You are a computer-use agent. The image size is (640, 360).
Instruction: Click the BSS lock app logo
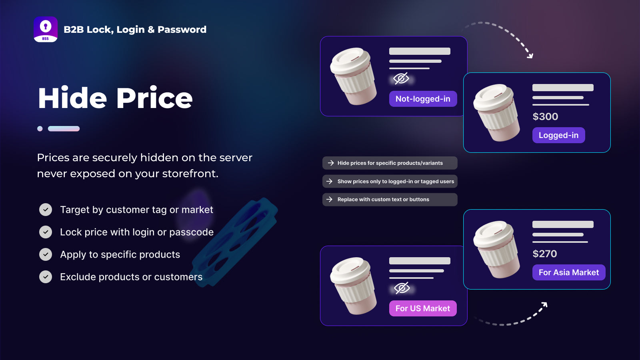pos(46,29)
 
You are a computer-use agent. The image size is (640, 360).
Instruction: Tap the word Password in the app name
pos(182,30)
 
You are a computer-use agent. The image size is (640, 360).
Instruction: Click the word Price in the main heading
pos(154,98)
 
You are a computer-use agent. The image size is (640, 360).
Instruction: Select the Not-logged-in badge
pos(423,99)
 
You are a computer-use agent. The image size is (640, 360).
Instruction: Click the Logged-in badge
pos(558,135)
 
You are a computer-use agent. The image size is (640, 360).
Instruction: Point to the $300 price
pos(545,116)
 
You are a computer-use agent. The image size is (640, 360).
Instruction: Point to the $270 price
pos(544,254)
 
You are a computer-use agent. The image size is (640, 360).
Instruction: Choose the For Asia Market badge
pos(568,272)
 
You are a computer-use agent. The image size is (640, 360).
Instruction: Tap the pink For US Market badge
pos(423,308)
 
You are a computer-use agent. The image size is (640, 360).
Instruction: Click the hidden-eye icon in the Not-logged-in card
pos(401,78)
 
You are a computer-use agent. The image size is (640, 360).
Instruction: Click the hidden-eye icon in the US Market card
pos(402,288)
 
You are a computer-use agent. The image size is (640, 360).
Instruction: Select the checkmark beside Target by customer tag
pos(46,210)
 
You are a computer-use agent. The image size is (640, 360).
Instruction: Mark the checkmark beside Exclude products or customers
pos(46,276)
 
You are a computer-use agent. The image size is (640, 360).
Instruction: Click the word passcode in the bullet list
pos(191,232)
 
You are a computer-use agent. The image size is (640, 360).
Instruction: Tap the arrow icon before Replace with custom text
pos(330,199)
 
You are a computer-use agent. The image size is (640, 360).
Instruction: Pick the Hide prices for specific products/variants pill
pos(390,163)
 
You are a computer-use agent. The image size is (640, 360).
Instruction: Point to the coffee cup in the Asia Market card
pos(496,249)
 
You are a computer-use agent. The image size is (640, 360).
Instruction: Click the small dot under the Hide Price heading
pos(40,128)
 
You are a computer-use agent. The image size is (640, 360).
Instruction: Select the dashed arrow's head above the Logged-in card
pos(530,56)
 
